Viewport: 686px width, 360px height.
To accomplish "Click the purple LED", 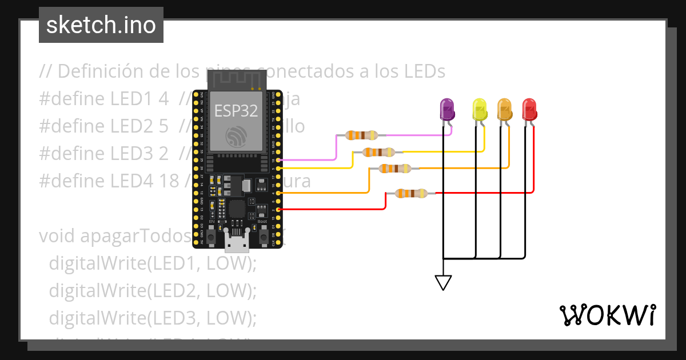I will (x=446, y=109).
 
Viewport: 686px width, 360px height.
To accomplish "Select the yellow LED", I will (x=479, y=109).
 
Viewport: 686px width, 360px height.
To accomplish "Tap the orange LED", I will (x=504, y=109).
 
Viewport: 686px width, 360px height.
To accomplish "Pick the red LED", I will (x=529, y=109).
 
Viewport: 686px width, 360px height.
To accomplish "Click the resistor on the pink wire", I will (x=361, y=135).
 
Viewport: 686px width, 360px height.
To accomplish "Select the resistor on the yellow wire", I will (x=378, y=152).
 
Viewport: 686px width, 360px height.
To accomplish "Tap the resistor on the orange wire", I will (x=394, y=169).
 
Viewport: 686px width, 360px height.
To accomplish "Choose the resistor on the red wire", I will (x=411, y=193).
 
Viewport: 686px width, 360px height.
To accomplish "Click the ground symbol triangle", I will (x=443, y=282).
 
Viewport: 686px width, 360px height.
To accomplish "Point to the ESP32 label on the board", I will (x=236, y=110).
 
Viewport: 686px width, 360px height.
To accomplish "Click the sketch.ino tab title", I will (x=101, y=25).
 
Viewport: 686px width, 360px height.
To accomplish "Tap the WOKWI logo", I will (x=607, y=315).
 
